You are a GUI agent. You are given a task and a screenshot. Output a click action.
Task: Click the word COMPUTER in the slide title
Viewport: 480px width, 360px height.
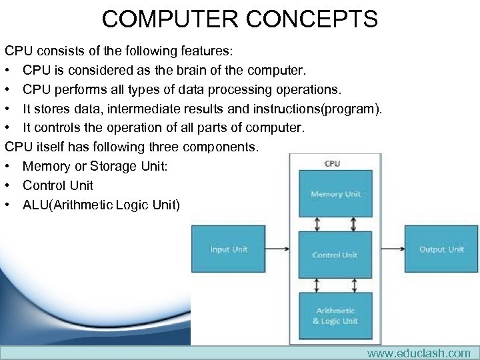coord(170,19)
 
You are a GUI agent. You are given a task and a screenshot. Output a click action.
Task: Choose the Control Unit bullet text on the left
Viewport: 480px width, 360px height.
coord(58,185)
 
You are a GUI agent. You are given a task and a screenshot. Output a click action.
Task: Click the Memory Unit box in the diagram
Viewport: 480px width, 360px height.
coord(335,194)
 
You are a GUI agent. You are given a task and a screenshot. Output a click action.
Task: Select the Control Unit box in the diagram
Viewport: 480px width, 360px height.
coord(335,255)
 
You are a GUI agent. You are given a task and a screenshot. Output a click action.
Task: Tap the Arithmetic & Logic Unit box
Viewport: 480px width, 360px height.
coord(335,316)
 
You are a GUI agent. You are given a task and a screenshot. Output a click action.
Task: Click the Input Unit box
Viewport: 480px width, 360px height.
coord(229,249)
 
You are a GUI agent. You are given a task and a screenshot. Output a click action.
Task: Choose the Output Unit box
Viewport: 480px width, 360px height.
coord(441,249)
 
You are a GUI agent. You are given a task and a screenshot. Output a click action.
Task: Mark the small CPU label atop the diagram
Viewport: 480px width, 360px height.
coord(331,163)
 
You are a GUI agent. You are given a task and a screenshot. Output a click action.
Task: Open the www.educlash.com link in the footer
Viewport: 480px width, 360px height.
coord(419,353)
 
